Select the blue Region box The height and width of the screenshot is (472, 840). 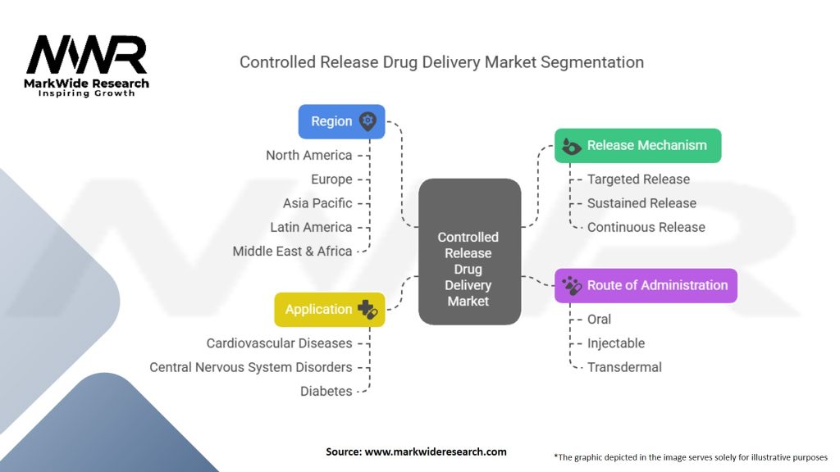[341, 121]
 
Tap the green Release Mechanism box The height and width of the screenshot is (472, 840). [637, 146]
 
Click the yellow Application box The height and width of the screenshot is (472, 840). [329, 310]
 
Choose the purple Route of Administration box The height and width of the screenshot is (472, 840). [646, 286]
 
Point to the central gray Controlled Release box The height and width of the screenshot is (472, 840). [468, 251]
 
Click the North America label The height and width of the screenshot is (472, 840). [308, 155]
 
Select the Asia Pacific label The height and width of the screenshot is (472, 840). [317, 203]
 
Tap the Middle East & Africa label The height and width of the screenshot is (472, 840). [292, 251]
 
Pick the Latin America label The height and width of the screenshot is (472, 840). [311, 227]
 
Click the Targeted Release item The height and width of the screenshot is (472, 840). [638, 179]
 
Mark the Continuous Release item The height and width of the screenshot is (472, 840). [646, 227]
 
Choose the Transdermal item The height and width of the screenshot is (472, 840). [624, 367]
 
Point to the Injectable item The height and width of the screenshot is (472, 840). [615, 343]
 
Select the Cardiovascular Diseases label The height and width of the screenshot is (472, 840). [279, 343]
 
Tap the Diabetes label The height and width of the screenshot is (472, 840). [326, 391]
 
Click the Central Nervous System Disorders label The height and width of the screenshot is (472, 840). [250, 367]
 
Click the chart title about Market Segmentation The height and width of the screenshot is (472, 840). [441, 62]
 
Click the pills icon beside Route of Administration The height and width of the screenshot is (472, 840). [572, 286]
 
